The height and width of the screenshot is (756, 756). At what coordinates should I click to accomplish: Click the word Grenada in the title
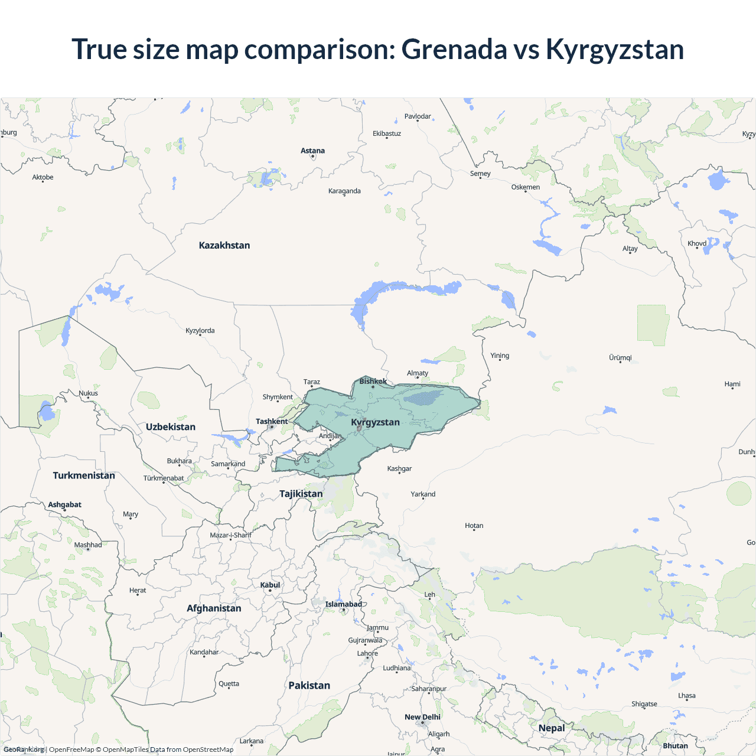coord(454,49)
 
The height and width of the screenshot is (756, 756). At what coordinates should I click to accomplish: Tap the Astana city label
coord(312,151)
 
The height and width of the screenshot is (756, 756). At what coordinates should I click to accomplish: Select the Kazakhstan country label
coord(224,245)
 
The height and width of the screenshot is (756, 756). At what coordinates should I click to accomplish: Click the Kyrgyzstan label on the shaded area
coord(375,422)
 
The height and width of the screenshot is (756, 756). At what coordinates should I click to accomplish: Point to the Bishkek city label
coord(373,382)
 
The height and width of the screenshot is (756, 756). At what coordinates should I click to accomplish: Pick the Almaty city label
coord(418,373)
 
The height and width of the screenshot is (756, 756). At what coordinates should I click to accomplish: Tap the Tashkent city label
coord(272,421)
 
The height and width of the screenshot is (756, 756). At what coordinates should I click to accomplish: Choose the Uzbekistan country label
coord(171,427)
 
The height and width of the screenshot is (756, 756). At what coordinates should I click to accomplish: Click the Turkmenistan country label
coord(84,475)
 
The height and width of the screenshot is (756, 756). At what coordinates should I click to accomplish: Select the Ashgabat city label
coord(65,504)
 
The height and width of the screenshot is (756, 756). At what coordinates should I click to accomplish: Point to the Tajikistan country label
coord(301,494)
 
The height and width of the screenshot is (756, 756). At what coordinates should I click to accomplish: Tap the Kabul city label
coord(271,585)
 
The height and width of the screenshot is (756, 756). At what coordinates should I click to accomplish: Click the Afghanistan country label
coord(214,608)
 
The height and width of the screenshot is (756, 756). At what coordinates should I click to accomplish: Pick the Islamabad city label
coord(344,604)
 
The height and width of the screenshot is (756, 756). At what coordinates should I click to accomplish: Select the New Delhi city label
coord(422,717)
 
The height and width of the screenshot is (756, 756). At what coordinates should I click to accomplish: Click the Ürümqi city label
coord(620,357)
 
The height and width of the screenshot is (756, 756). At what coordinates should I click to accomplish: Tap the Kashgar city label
coord(399,468)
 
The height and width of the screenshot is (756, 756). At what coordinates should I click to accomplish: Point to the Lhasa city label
coord(687,695)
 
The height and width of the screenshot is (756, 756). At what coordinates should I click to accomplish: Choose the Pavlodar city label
coord(418,116)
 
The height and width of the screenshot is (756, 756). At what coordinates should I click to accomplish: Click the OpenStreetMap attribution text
coord(208,750)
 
